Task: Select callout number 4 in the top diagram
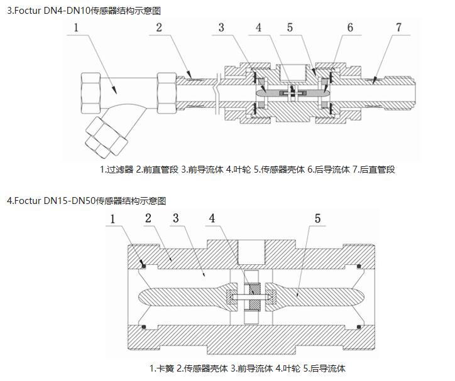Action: click(x=260, y=27)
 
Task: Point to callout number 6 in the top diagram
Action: click(x=350, y=27)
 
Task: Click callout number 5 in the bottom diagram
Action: click(x=318, y=219)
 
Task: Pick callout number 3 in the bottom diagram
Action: click(x=177, y=219)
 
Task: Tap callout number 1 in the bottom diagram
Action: click(x=114, y=219)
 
